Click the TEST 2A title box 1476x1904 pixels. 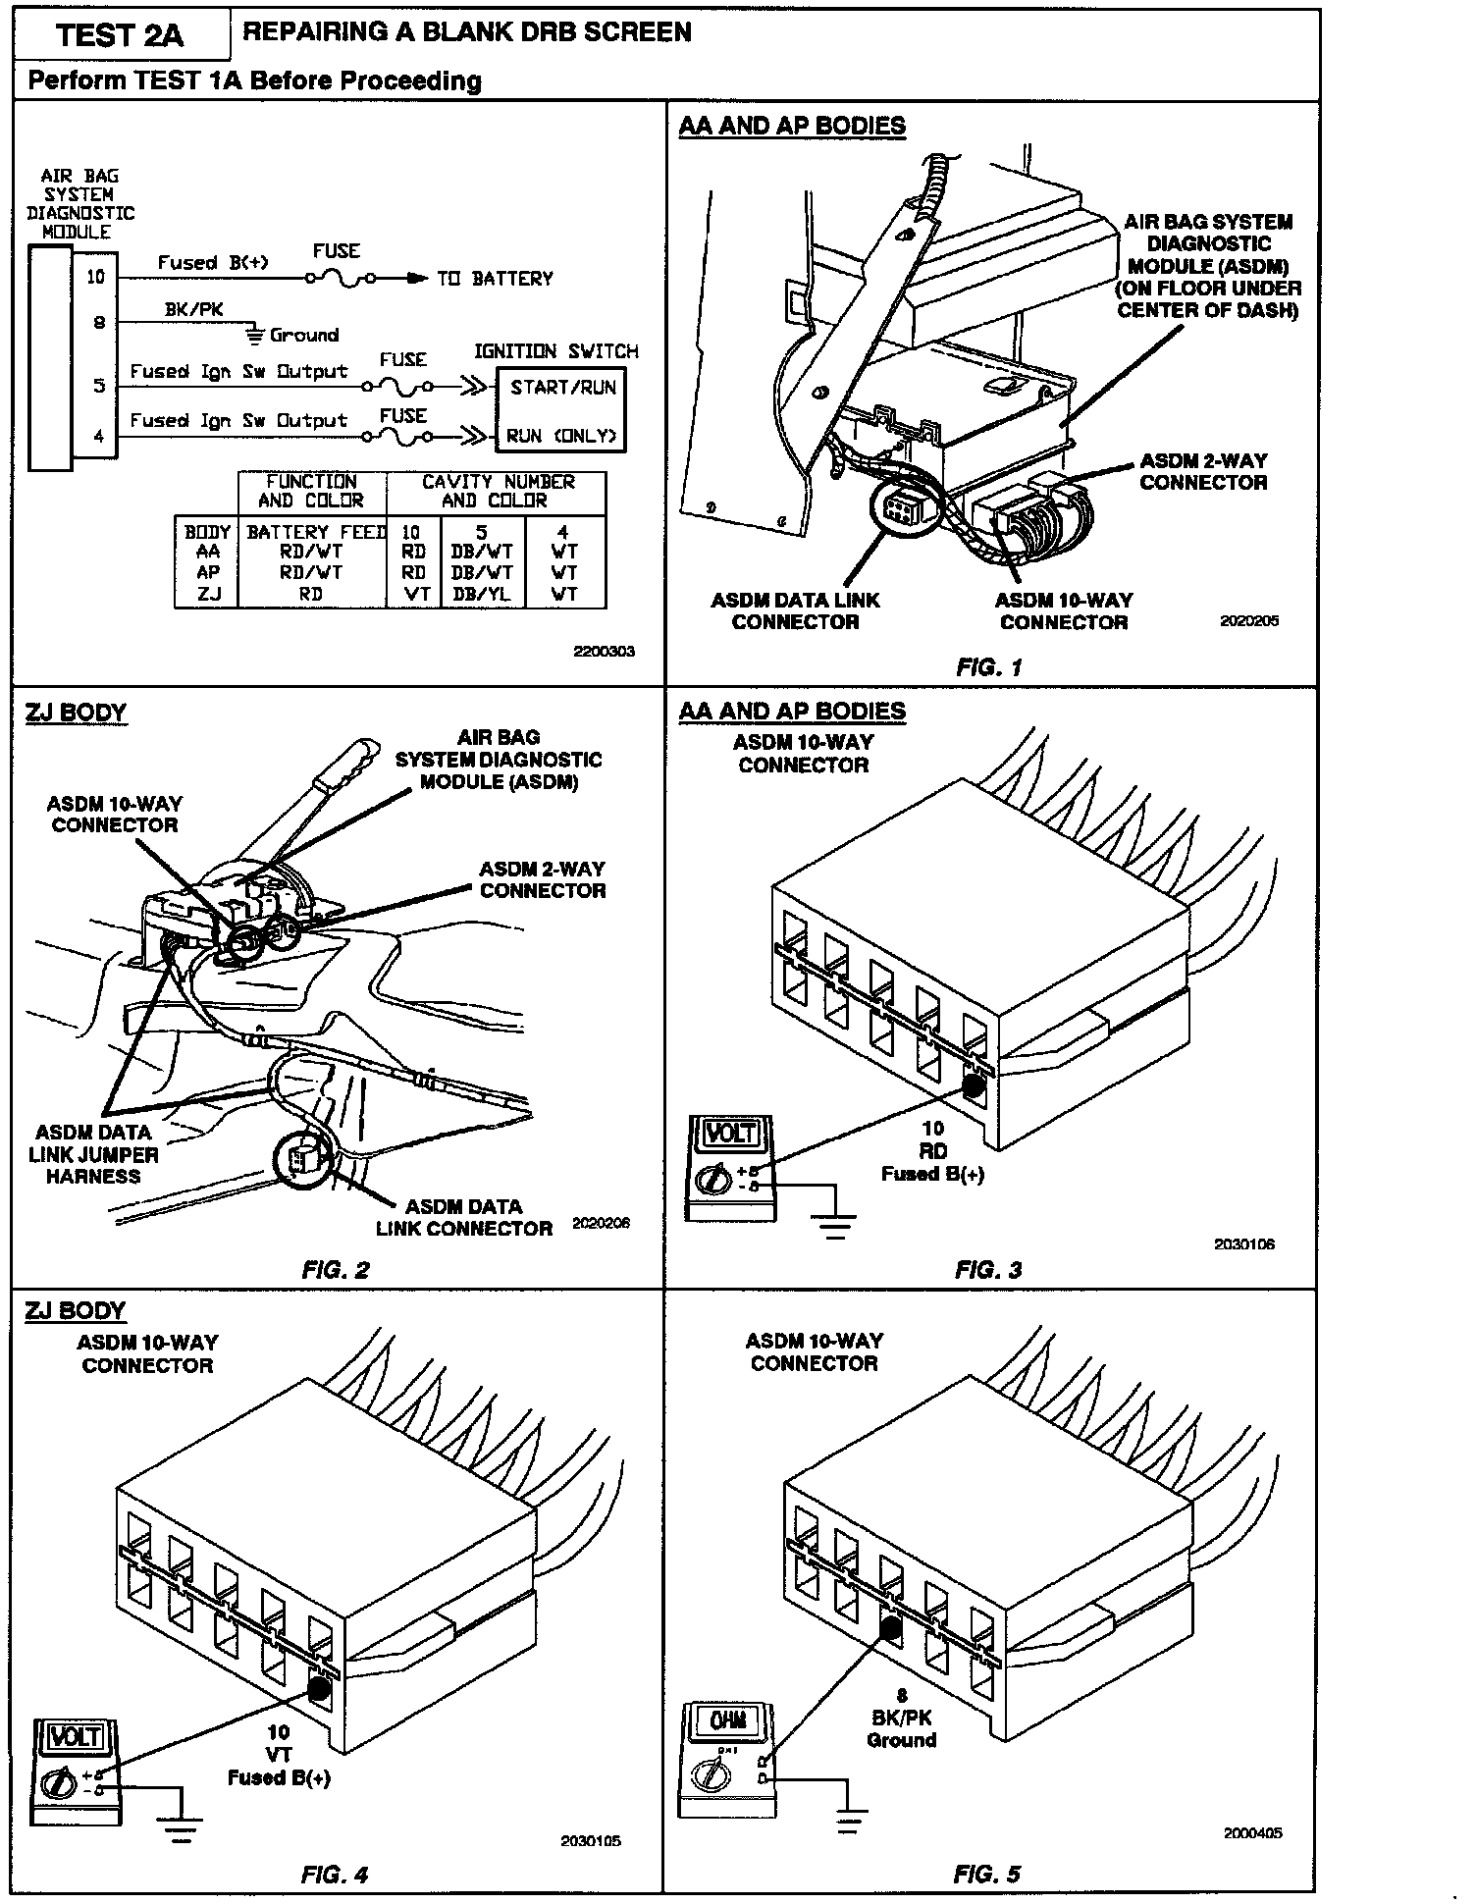(x=120, y=35)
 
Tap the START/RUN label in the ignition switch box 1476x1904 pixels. (x=562, y=387)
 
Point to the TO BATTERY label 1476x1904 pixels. (x=495, y=279)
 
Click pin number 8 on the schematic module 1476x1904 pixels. (x=99, y=322)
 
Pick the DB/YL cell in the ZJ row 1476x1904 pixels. (x=482, y=594)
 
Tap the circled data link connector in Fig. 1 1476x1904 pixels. (x=900, y=508)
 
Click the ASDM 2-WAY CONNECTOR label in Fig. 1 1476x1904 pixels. (x=1202, y=472)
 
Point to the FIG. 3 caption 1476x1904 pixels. (x=988, y=1269)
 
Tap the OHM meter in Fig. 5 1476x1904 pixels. (x=727, y=1759)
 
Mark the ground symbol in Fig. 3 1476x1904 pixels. (x=834, y=1224)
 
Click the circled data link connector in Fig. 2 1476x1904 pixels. (x=303, y=1158)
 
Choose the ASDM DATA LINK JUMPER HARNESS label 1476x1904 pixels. (x=93, y=1154)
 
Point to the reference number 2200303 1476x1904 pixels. (x=605, y=651)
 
